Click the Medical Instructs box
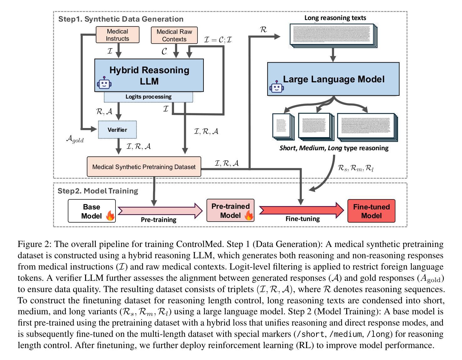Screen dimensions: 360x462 (x=117, y=35)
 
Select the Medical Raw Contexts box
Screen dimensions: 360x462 (x=174, y=35)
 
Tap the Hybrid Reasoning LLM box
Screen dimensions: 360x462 (x=149, y=75)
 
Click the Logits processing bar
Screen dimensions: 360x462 (x=148, y=97)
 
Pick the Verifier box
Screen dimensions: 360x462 (x=117, y=130)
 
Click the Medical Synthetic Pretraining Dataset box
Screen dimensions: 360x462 (x=144, y=167)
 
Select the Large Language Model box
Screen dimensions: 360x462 (x=333, y=79)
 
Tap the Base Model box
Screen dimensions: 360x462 (x=91, y=211)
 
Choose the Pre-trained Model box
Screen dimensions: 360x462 (x=230, y=211)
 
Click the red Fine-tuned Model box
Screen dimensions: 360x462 (x=371, y=211)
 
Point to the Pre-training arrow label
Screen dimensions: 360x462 (x=158, y=220)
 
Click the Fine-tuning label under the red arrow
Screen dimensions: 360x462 (x=302, y=219)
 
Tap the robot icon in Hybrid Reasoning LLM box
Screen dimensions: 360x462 (x=104, y=83)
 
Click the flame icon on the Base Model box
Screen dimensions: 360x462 (x=110, y=215)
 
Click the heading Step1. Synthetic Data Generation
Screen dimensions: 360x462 (x=121, y=19)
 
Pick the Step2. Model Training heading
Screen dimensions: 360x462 (x=98, y=191)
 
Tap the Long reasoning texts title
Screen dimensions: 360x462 (x=335, y=18)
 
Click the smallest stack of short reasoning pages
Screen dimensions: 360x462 (x=283, y=126)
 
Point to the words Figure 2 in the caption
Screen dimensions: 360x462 (x=33, y=244)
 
